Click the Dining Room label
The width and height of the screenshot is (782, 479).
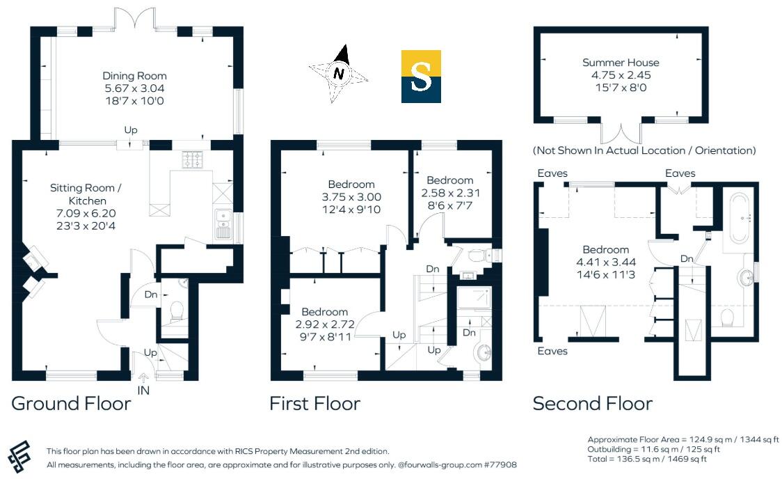coord(134,76)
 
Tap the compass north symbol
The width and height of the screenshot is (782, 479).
coord(339,73)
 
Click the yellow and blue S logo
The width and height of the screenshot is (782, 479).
coord(421,77)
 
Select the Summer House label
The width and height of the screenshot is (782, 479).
coord(621,63)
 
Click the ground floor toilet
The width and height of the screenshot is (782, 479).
coord(176,309)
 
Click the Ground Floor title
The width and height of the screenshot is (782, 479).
coord(71,403)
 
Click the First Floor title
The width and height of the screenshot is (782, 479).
coord(315,403)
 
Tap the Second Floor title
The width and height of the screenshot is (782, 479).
coord(593,403)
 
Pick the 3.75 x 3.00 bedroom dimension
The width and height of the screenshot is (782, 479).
coord(351,197)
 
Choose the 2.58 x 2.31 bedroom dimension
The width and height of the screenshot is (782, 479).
coord(450,193)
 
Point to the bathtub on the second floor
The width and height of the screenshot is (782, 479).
coord(740,217)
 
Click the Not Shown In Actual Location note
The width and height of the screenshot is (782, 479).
coord(644,150)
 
